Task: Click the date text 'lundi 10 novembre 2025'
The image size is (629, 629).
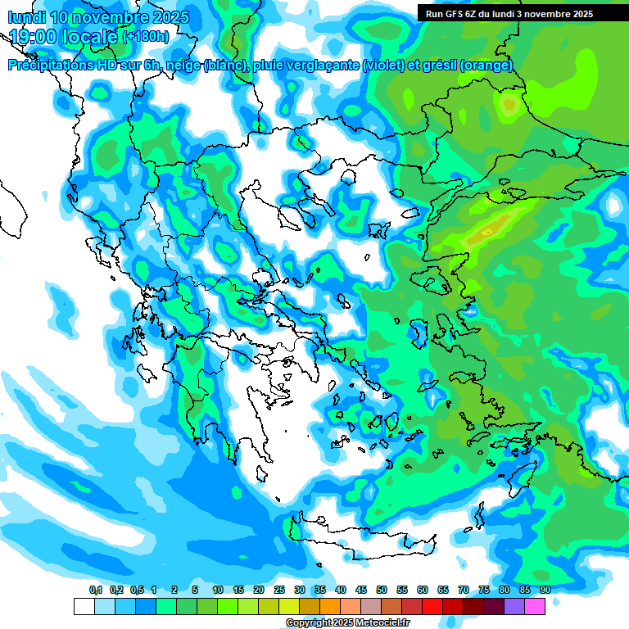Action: coord(98,16)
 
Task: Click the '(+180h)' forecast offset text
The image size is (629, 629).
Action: coord(146,37)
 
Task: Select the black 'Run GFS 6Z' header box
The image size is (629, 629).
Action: coord(521,13)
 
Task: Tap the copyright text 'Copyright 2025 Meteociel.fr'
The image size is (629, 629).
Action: coord(347,623)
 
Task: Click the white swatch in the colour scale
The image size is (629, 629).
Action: coord(84,606)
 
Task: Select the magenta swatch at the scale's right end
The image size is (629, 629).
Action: coord(535,606)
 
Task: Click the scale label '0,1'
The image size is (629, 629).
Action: coord(95,591)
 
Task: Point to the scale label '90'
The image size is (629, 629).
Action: coord(545,591)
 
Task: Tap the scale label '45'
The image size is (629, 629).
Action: coord(361,591)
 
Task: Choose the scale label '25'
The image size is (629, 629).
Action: coord(279,591)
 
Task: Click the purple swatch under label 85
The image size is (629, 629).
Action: coord(514,606)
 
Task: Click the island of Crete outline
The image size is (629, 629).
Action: coord(360,541)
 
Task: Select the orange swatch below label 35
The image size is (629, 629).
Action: coord(330,606)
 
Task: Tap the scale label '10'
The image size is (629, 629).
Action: coord(218,591)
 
